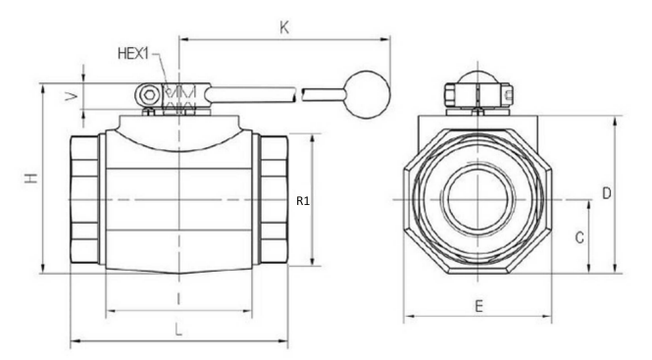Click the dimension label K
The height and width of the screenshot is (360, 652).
(x=284, y=27)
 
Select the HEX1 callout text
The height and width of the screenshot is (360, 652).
(x=133, y=54)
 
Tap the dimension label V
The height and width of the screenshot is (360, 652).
(x=72, y=96)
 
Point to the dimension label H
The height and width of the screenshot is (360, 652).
(x=31, y=179)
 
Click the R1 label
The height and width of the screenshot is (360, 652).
(x=303, y=201)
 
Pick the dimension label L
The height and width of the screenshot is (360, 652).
(x=178, y=331)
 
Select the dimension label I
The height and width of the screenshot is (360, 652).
(x=178, y=299)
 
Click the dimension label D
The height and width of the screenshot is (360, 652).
(x=607, y=193)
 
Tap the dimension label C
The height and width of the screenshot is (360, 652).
(x=579, y=237)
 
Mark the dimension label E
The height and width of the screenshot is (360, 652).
(x=479, y=306)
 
